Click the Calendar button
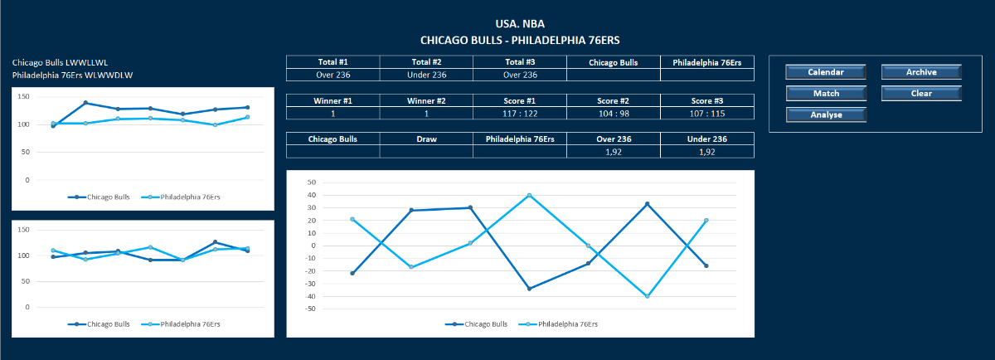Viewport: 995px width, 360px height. (x=826, y=72)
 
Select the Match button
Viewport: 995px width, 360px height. (x=826, y=94)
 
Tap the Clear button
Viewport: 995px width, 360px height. (x=921, y=94)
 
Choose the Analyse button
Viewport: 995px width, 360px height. (x=826, y=115)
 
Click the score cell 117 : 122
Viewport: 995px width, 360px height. (x=520, y=113)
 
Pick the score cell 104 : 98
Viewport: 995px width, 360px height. (x=614, y=113)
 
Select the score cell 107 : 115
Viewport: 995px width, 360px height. (x=707, y=113)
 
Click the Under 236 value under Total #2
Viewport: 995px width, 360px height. (x=427, y=75)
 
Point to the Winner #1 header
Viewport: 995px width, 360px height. (x=333, y=100)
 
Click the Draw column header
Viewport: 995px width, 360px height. (x=427, y=139)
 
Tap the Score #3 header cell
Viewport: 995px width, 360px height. (x=707, y=100)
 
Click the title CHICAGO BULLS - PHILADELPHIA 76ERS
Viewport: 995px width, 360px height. (x=520, y=40)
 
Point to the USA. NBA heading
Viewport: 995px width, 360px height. (x=520, y=24)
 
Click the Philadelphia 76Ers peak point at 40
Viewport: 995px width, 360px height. (x=529, y=196)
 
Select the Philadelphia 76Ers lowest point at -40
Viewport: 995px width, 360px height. (x=647, y=296)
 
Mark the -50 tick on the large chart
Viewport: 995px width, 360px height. (x=312, y=309)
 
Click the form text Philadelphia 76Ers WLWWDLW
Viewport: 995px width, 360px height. (x=73, y=75)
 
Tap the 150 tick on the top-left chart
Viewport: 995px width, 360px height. (x=23, y=97)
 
